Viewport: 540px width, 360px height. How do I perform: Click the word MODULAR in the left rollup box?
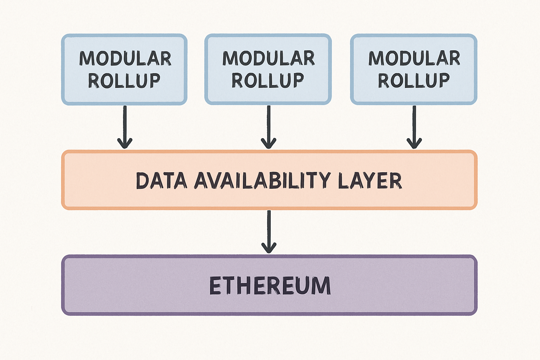[125, 58]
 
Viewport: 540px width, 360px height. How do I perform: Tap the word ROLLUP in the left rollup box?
[124, 81]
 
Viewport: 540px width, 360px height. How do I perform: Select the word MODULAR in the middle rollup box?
[269, 58]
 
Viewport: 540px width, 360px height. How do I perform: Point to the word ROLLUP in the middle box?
[268, 81]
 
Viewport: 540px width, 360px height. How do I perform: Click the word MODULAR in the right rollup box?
[414, 58]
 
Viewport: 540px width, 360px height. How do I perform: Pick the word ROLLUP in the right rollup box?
[414, 81]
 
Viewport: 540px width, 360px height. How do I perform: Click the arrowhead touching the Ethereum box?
[269, 248]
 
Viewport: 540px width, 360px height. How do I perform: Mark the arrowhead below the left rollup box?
[125, 143]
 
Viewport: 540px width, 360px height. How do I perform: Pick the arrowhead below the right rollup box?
[414, 143]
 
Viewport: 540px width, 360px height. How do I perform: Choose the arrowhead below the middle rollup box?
[269, 143]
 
